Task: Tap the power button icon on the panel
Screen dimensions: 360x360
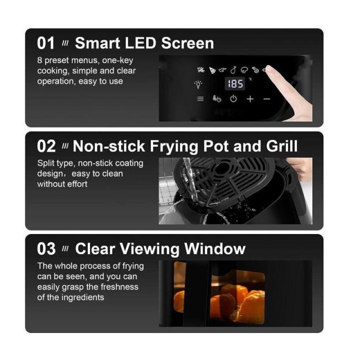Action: click(x=233, y=99)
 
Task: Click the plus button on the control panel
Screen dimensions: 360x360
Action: click(x=250, y=99)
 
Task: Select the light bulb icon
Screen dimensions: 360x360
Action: click(x=198, y=84)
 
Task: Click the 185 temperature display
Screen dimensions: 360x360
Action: click(x=235, y=84)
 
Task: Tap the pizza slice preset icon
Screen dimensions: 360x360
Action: click(x=213, y=70)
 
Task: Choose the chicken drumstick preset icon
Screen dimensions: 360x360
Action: click(x=233, y=70)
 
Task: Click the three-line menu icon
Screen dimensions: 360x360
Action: click(x=200, y=99)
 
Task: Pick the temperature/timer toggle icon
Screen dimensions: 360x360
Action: click(x=217, y=99)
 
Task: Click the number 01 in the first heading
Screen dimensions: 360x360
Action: click(x=46, y=43)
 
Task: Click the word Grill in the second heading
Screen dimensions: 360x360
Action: click(x=282, y=146)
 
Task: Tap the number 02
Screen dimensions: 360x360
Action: click(x=46, y=146)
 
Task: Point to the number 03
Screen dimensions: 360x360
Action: click(x=46, y=249)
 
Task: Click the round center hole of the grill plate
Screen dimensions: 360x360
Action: click(x=222, y=169)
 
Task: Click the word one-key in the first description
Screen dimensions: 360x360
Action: click(x=118, y=60)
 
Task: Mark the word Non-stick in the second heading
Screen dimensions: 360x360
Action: click(x=109, y=146)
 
